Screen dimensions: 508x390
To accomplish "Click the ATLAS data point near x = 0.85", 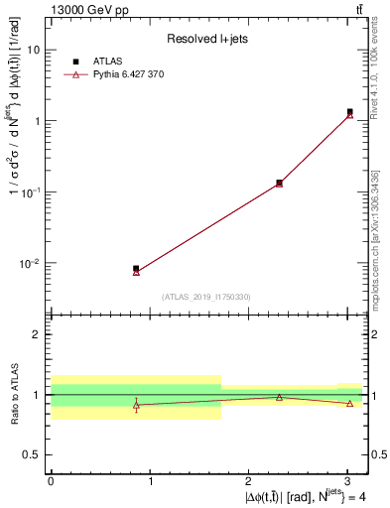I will click(136, 268).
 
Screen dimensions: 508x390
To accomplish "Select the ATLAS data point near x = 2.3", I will click(279, 183).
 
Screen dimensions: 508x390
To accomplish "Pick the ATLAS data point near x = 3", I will click(350, 112).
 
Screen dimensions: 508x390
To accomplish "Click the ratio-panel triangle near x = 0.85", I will click(136, 405).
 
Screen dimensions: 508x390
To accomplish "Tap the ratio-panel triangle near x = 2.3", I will click(279, 397).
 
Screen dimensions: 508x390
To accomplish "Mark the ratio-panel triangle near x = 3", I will click(350, 403).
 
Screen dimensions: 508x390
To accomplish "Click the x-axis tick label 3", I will click(347, 482).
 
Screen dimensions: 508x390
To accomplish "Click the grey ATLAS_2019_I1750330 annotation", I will click(206, 297).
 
